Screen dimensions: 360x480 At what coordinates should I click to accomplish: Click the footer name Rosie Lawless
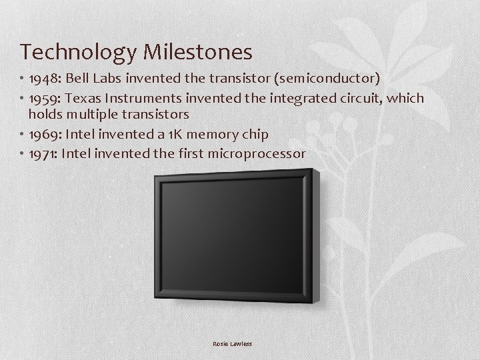233,344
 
